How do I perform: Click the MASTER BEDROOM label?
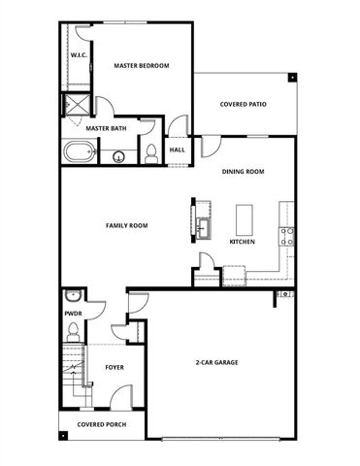click(x=141, y=66)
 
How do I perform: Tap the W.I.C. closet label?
click(x=79, y=55)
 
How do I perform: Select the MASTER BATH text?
click(x=104, y=127)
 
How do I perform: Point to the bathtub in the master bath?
click(x=80, y=152)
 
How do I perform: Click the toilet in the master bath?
click(x=150, y=152)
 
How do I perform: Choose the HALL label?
click(x=178, y=150)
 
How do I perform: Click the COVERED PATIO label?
click(x=243, y=104)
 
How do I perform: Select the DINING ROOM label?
click(x=244, y=172)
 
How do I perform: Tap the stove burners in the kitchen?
click(x=287, y=234)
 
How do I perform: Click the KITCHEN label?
click(x=242, y=242)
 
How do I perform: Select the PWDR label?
click(x=72, y=314)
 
